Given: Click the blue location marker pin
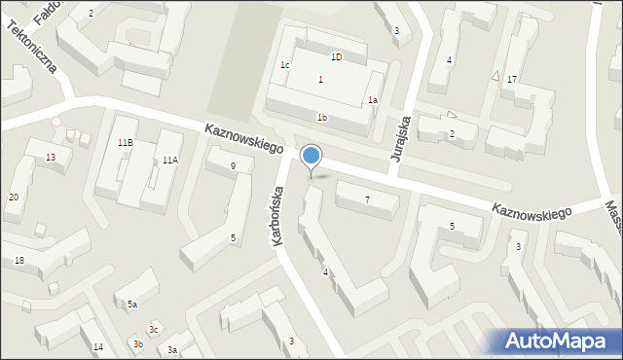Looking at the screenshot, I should [x=311, y=157].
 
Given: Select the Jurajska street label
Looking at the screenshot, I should [x=401, y=140].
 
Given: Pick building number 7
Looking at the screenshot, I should [x=367, y=200].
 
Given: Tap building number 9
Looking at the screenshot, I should [x=233, y=166].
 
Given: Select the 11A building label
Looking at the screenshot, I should [x=170, y=160].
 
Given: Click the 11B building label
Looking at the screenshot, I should [x=125, y=143].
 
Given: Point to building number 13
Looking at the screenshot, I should [x=51, y=158].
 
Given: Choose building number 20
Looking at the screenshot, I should [x=14, y=198].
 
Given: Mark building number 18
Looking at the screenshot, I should [x=19, y=261].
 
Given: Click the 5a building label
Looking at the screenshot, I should [x=131, y=305].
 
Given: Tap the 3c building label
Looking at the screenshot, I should [x=153, y=331].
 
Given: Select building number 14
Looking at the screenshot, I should [x=97, y=347].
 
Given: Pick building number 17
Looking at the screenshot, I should [x=511, y=79].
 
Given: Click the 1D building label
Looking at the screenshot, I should [x=336, y=57].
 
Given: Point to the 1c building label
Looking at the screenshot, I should [x=285, y=65].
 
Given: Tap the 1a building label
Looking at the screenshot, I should [x=372, y=99].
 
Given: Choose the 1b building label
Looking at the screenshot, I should [x=321, y=118].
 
